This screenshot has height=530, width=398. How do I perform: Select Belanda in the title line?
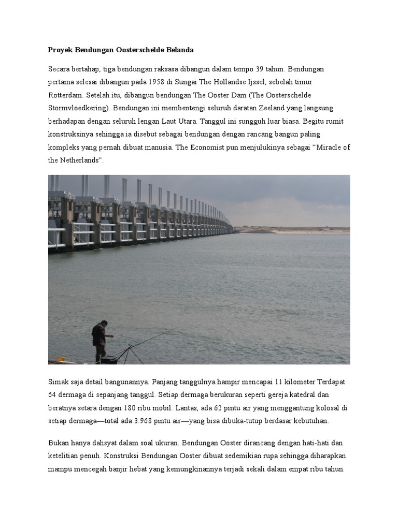178,50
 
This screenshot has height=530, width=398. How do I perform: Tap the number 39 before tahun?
261,69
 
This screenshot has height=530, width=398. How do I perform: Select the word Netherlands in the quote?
81,160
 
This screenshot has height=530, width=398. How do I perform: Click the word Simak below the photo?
58,381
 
